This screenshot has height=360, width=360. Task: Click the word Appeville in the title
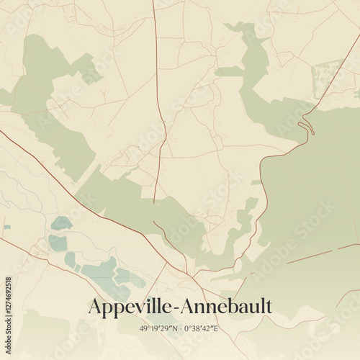(130, 307)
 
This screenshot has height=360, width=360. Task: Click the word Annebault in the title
(225, 307)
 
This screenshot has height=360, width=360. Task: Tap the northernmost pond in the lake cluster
(61, 222)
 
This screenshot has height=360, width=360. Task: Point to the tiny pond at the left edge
(6, 228)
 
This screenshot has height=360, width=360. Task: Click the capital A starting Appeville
(94, 307)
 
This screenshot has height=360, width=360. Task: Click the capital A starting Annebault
(186, 307)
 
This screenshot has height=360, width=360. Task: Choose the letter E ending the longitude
(215, 328)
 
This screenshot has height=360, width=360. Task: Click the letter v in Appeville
(141, 308)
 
